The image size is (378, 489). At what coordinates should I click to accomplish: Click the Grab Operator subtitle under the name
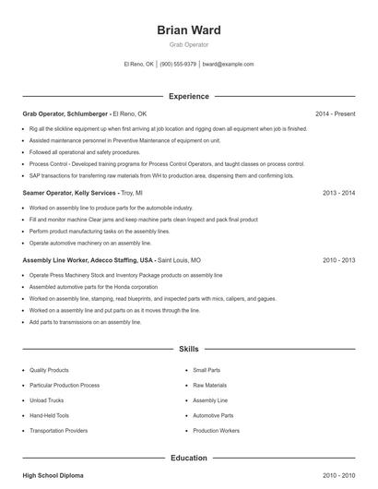[x=189, y=43]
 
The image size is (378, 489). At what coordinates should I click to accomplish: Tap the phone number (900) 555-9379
[x=178, y=65]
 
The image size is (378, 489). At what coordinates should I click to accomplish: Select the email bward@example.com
[x=228, y=65]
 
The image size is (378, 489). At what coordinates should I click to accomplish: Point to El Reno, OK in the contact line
[x=139, y=65]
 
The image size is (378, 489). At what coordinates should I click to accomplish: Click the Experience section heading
[x=188, y=96]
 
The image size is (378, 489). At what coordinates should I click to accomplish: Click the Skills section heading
[x=188, y=351]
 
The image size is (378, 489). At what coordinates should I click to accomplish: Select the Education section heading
[x=188, y=458]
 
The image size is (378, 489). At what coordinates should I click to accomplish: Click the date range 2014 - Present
[x=335, y=113]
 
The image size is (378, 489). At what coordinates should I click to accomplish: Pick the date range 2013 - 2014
[x=338, y=194]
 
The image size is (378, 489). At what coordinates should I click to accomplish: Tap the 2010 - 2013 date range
[x=338, y=261]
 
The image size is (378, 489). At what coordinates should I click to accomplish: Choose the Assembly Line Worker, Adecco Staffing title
[x=89, y=261]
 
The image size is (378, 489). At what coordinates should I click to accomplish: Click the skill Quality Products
[x=49, y=369]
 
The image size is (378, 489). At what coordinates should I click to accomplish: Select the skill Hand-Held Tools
[x=48, y=416]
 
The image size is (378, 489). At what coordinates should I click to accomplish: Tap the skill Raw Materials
[x=209, y=385]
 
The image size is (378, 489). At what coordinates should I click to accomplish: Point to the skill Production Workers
[x=216, y=431]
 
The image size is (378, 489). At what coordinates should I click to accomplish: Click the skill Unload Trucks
[x=46, y=400]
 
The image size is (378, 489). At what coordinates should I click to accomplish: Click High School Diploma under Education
[x=53, y=475]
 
